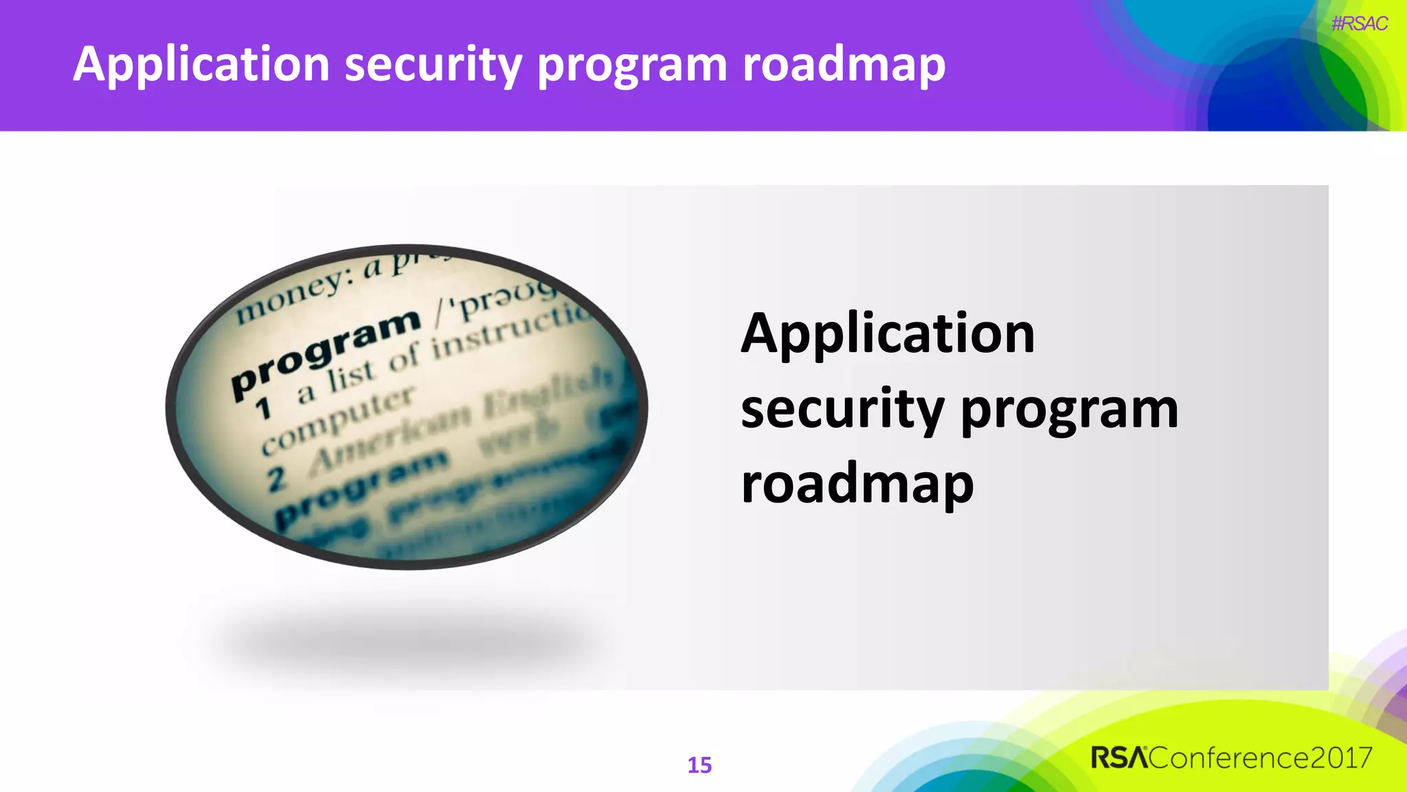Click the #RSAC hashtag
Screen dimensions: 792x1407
[1359, 24]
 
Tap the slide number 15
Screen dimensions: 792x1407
[699, 765]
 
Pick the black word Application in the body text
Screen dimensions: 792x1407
[887, 334]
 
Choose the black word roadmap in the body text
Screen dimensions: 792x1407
[857, 484]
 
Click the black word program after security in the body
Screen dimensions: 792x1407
[1069, 410]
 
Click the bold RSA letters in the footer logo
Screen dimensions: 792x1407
[1119, 758]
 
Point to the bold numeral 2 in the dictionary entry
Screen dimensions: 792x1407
[276, 478]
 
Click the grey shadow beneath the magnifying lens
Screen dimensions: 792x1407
[405, 639]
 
